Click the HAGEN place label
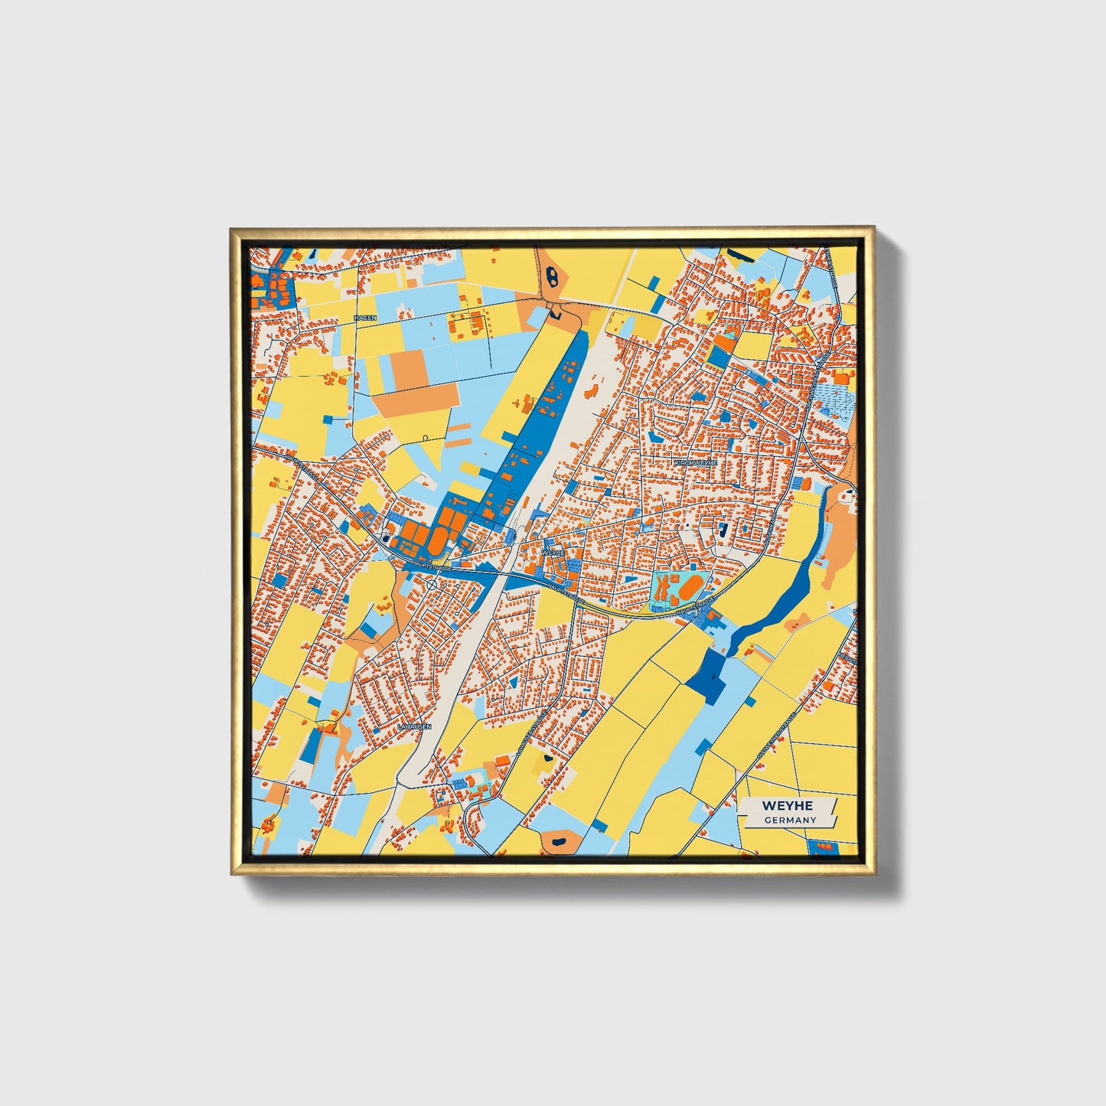[x=365, y=317]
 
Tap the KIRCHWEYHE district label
[x=696, y=463]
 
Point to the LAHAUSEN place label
[x=415, y=726]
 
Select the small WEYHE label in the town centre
[x=553, y=552]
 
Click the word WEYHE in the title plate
[x=787, y=806]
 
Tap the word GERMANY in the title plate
[x=790, y=821]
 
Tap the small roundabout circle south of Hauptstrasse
[x=432, y=584]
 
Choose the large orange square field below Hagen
[x=410, y=369]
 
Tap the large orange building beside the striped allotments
[x=843, y=377]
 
